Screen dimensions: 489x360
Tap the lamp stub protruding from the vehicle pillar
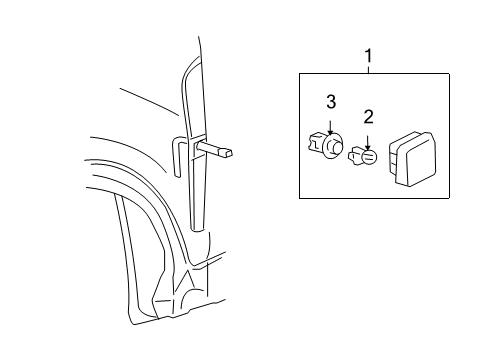(223, 151)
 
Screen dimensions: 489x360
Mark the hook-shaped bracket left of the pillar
(177, 146)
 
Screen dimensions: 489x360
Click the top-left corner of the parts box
(300, 74)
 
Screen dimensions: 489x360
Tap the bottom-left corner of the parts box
(300, 198)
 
